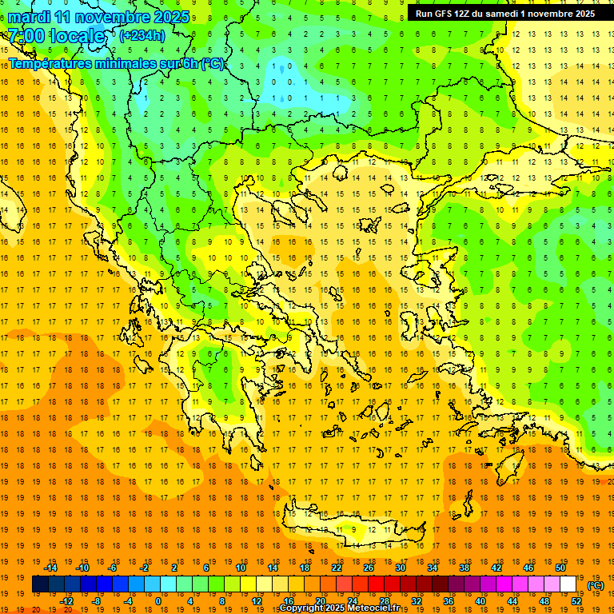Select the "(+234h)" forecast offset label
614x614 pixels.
pyautogui.click(x=142, y=35)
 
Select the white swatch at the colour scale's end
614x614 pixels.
pyautogui.click(x=568, y=584)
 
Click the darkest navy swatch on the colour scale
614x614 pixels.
pyautogui.click(x=40, y=584)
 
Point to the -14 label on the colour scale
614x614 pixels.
pyautogui.click(x=51, y=568)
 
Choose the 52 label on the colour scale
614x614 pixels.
pyautogui.click(x=576, y=601)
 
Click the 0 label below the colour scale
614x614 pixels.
pyautogui.click(x=158, y=601)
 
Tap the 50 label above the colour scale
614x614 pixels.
pyautogui.click(x=560, y=568)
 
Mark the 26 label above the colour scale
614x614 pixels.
pyautogui.click(x=369, y=568)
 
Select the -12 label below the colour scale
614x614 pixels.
pyautogui.click(x=67, y=601)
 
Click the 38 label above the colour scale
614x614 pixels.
pyautogui.click(x=464, y=568)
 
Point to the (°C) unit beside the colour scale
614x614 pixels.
pyautogui.click(x=596, y=585)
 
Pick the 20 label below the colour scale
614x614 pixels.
pyautogui.click(x=321, y=601)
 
